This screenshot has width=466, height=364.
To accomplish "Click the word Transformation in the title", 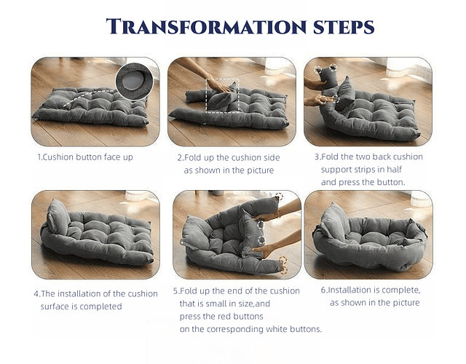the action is tap(206, 26).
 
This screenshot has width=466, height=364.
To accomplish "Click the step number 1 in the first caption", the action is tap(39, 157).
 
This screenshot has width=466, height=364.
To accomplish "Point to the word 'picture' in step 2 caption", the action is tap(261, 170).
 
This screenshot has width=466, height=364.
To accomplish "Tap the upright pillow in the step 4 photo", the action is tap(58, 217).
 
